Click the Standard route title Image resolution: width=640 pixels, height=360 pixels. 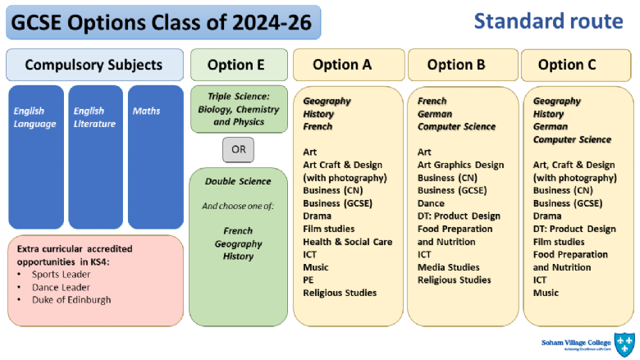point(548,21)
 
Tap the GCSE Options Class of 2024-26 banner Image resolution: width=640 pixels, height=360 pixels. point(162,22)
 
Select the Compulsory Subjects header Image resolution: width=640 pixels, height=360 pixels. point(94,65)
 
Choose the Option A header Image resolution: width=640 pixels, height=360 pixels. point(348,65)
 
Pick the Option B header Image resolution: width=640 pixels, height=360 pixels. point(462,65)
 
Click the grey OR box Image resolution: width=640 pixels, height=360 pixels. point(238,150)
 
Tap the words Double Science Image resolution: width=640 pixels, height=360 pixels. point(238,181)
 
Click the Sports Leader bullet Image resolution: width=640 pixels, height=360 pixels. point(61,274)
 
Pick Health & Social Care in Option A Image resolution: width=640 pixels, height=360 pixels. point(348,242)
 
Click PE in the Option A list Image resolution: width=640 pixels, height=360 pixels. point(309,280)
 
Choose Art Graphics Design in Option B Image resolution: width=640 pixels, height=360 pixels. point(460,165)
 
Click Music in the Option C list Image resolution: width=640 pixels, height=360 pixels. point(546,293)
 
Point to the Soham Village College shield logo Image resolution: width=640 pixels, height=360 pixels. point(624,344)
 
